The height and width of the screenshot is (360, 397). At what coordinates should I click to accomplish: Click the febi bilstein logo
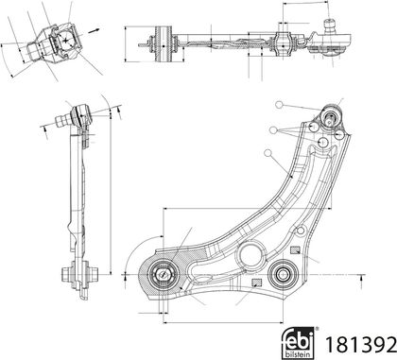point(298,342)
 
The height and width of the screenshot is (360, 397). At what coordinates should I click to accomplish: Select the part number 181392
point(360,345)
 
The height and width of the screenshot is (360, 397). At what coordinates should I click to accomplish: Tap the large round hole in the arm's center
point(250,255)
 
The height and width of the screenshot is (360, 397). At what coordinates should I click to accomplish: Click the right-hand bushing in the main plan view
point(283,274)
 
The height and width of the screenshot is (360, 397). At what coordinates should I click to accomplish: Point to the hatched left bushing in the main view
point(163,274)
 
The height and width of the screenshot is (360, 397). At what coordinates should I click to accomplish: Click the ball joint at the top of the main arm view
point(331,115)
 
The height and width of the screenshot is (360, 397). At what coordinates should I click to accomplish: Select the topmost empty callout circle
point(279,105)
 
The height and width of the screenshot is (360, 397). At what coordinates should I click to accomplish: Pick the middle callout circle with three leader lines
point(273,129)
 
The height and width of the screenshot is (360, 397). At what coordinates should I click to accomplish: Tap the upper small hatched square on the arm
point(294,250)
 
